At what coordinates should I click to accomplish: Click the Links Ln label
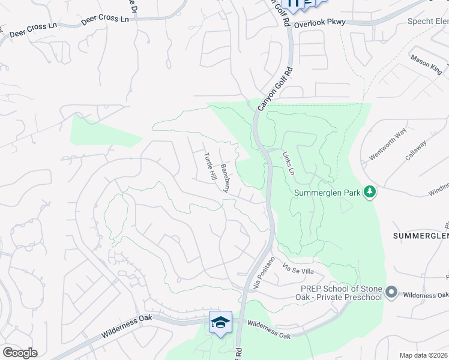tap(289, 163)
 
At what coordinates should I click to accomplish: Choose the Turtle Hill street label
tap(209, 167)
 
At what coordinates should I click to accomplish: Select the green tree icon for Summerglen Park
tap(370, 192)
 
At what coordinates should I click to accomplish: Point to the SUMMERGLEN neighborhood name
tap(421, 236)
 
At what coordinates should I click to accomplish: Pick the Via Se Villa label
tap(298, 271)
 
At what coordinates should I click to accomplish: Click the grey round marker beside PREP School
tap(392, 292)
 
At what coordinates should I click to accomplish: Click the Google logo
tap(20, 353)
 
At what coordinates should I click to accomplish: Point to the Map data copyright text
tap(424, 355)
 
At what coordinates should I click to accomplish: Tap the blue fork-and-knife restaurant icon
tap(294, 5)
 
